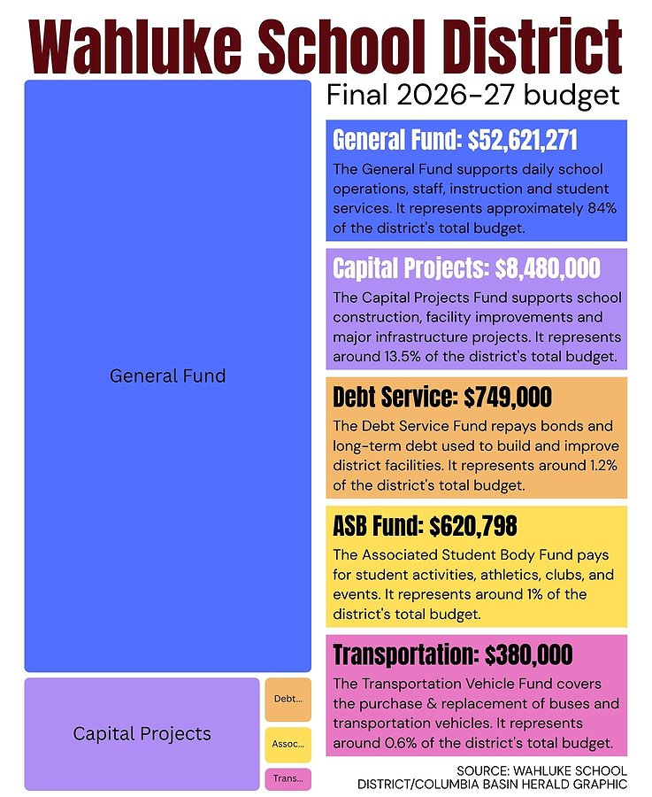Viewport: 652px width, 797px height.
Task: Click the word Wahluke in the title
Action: pyautogui.click(x=136, y=46)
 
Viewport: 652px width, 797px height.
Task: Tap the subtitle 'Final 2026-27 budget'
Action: pyautogui.click(x=472, y=96)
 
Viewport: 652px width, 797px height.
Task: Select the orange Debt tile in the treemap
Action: pyautogui.click(x=288, y=700)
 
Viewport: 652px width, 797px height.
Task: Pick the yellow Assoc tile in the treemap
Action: pyautogui.click(x=288, y=745)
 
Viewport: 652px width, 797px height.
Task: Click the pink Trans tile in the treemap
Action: pyautogui.click(x=288, y=778)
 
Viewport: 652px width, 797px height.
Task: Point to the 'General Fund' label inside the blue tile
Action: pyautogui.click(x=167, y=376)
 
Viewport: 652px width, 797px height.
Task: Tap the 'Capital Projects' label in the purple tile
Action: pyautogui.click(x=142, y=734)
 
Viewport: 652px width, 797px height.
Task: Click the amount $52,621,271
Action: pyautogui.click(x=522, y=140)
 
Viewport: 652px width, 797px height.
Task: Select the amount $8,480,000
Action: pyautogui.click(x=548, y=268)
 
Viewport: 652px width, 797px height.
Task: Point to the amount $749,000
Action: pyautogui.click(x=508, y=397)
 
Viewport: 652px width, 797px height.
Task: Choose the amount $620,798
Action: pyautogui.click(x=473, y=525)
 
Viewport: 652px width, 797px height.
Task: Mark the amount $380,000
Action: pyautogui.click(x=529, y=654)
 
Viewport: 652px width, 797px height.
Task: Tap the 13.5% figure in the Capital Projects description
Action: pyautogui.click(x=401, y=357)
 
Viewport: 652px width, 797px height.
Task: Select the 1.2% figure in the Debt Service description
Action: pyautogui.click(x=603, y=466)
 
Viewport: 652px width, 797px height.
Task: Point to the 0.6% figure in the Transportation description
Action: pyautogui.click(x=401, y=743)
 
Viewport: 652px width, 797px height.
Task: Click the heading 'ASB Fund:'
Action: pyautogui.click(x=377, y=525)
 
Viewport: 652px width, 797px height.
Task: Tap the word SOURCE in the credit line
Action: pyautogui.click(x=483, y=770)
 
